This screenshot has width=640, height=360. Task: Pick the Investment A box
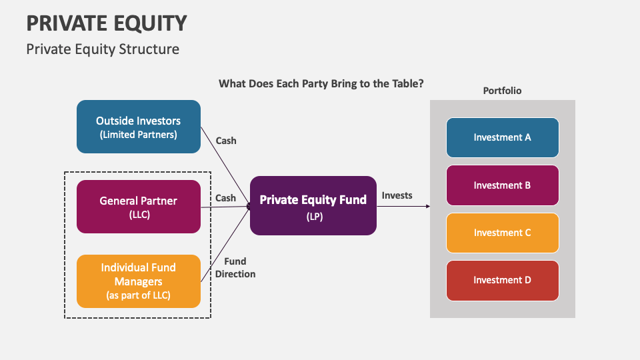tap(502, 137)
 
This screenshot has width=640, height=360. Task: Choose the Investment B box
tap(502, 185)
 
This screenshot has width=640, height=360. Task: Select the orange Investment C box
tap(502, 233)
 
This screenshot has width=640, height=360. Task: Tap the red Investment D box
tap(502, 280)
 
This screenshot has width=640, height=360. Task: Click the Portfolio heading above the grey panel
tap(502, 91)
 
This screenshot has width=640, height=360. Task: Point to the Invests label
tap(397, 195)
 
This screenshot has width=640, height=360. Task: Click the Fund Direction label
tap(235, 267)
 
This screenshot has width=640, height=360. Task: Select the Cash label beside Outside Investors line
tap(226, 141)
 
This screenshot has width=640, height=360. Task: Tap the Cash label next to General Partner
tap(226, 198)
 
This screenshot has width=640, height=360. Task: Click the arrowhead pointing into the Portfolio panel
tap(427, 207)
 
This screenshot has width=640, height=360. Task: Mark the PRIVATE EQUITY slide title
tap(107, 23)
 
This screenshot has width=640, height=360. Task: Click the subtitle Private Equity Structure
tap(103, 49)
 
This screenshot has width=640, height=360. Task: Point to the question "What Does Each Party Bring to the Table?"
tap(321, 84)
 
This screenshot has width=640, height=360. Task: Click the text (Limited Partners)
tap(138, 135)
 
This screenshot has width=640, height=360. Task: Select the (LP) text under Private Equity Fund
tap(313, 216)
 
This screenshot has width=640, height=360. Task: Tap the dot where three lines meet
tap(249, 207)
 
